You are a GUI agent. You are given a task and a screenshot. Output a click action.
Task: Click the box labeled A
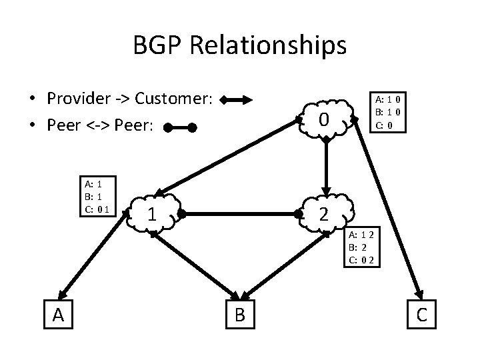58,315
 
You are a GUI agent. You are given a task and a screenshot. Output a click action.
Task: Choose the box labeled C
421,315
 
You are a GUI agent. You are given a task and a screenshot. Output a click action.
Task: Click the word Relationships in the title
270,45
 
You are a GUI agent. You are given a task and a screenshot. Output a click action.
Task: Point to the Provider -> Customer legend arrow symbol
237,101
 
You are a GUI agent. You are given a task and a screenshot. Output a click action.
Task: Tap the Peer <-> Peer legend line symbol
179,127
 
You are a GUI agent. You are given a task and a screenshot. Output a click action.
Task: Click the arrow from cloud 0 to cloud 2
326,167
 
